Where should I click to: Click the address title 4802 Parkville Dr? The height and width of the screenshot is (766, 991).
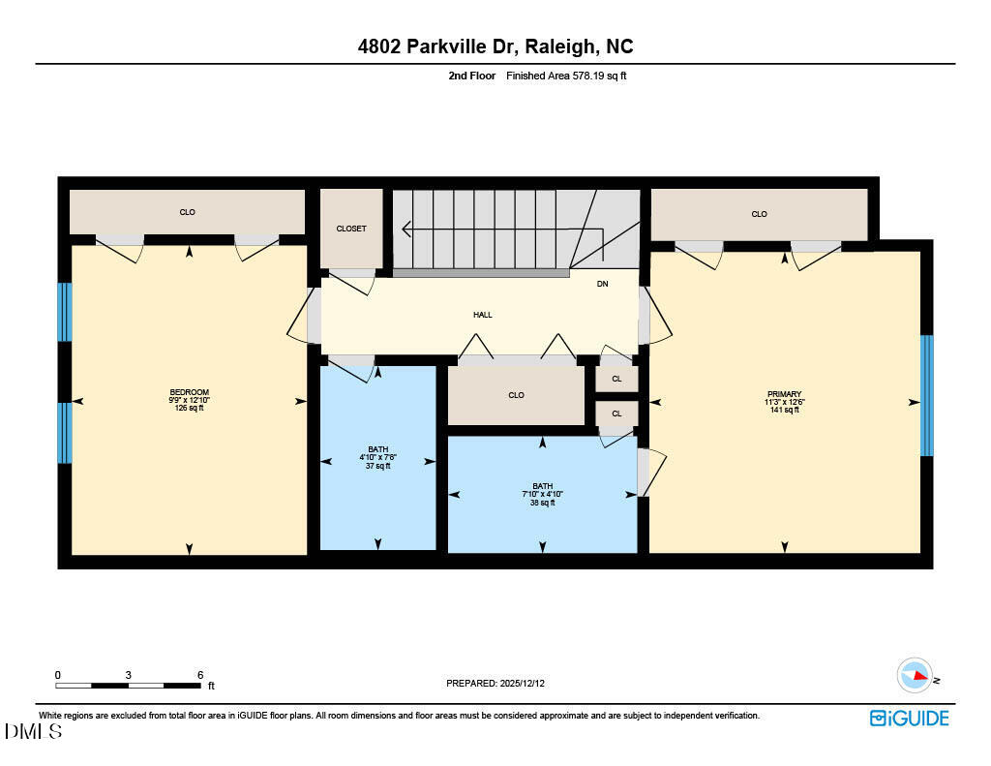click(x=495, y=46)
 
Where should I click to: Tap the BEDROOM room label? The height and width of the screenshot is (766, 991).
click(x=189, y=392)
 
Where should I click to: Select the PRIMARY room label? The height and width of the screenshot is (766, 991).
click(x=784, y=394)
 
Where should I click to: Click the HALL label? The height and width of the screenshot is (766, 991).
click(x=482, y=315)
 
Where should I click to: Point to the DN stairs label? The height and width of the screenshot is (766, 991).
click(x=602, y=284)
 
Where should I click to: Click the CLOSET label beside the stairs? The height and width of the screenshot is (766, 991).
click(x=351, y=229)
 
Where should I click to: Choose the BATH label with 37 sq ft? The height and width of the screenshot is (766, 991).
click(x=377, y=449)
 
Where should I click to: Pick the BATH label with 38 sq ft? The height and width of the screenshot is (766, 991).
click(x=542, y=486)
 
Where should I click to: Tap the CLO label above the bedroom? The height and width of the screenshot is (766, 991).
click(x=188, y=212)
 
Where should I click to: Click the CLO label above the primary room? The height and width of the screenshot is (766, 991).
click(x=759, y=214)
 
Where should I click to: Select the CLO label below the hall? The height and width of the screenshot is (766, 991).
click(x=516, y=395)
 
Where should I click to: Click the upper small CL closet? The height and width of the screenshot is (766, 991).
click(x=616, y=378)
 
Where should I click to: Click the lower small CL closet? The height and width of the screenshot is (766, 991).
click(x=616, y=414)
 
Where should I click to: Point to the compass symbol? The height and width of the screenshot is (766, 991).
click(x=915, y=675)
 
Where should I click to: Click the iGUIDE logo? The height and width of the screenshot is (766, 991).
click(x=909, y=718)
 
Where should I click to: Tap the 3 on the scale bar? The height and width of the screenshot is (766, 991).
click(x=129, y=675)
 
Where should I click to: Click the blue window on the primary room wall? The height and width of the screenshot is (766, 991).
click(x=926, y=395)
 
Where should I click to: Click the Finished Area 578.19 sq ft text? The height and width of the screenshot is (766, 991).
click(x=566, y=76)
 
